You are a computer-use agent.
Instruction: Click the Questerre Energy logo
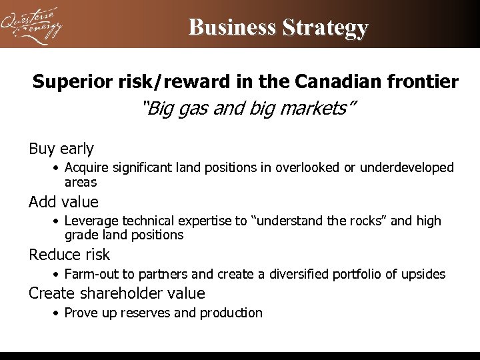click(32, 25)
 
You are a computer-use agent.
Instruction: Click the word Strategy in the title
click(325, 27)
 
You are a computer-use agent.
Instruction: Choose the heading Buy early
click(61, 149)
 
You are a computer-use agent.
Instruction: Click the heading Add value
click(63, 202)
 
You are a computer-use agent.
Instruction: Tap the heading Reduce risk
click(69, 255)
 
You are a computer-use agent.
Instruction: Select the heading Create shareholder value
click(117, 293)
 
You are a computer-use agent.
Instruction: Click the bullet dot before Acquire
click(58, 168)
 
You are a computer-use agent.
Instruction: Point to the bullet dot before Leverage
click(58, 221)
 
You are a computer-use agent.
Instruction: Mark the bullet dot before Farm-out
click(58, 274)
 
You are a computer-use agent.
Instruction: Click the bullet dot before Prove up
click(58, 313)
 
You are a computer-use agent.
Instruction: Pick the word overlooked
click(309, 167)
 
